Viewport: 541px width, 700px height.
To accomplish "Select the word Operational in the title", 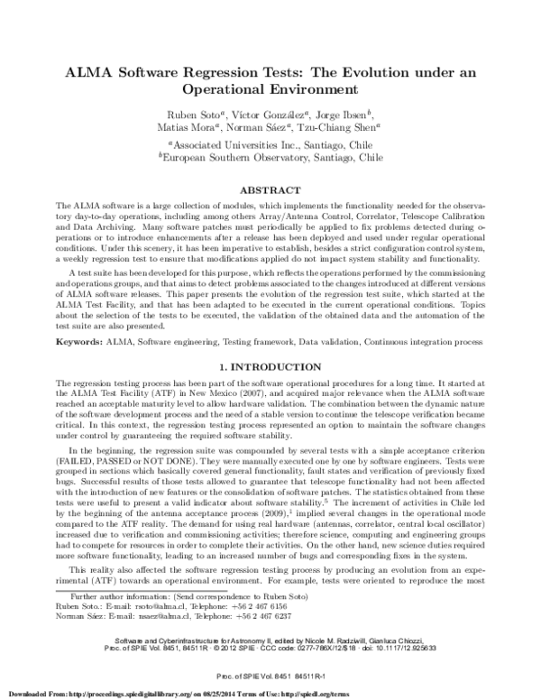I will click(x=234, y=90).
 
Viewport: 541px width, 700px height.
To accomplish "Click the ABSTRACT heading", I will click(x=270, y=192).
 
